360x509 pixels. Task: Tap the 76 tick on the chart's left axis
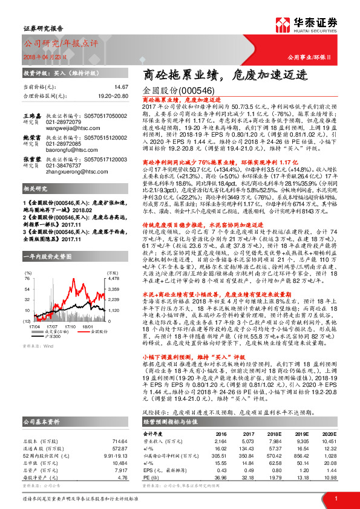tap(28, 278)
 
